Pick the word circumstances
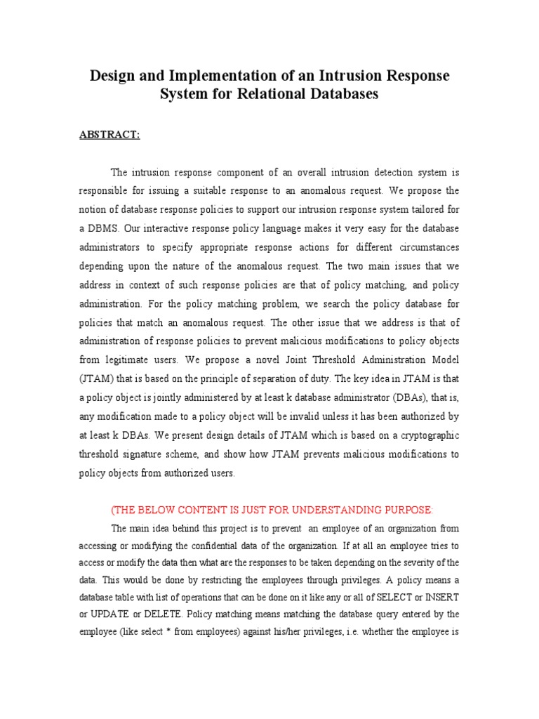coord(425,247)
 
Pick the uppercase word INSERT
coord(440,597)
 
